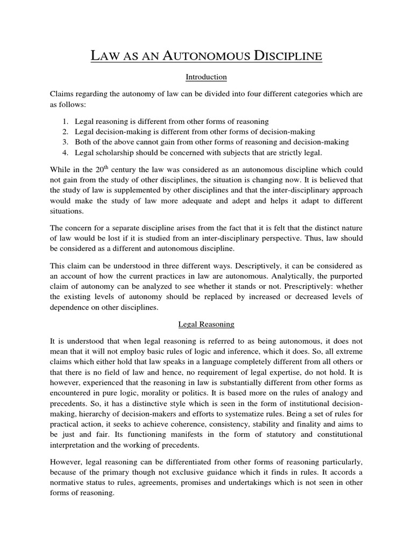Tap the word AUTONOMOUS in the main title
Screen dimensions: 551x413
pyautogui.click(x=187, y=55)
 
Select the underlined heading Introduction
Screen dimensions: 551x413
pyautogui.click(x=206, y=77)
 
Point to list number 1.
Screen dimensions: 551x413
pyautogui.click(x=65, y=122)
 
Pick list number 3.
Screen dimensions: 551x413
pyautogui.click(x=65, y=142)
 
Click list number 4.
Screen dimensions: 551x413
pyautogui.click(x=65, y=152)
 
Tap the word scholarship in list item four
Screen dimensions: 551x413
pyautogui.click(x=113, y=152)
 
